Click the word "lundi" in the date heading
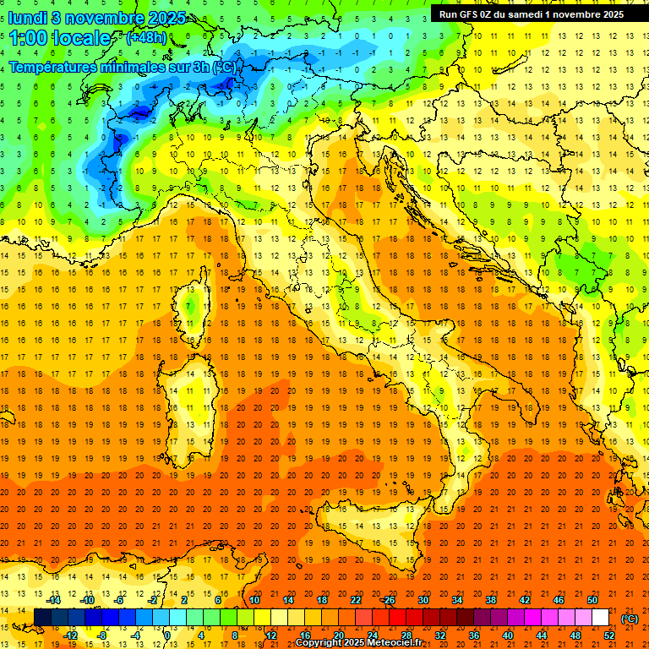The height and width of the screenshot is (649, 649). [28, 18]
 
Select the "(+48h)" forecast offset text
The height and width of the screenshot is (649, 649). [146, 38]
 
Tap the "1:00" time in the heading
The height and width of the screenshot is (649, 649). [29, 38]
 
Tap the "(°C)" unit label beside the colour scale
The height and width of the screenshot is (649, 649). [630, 619]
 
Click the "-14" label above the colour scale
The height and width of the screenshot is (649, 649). [55, 600]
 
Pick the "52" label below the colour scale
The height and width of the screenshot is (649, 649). [609, 635]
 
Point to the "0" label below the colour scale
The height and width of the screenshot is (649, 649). [167, 635]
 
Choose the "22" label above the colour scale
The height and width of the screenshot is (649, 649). [355, 600]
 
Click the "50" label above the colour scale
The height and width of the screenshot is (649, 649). [592, 600]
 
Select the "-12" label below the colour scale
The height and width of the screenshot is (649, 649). [70, 635]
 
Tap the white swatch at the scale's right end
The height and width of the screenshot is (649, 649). [600, 618]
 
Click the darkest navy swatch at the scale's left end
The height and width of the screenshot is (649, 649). [42, 618]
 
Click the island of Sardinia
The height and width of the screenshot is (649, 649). [192, 393]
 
